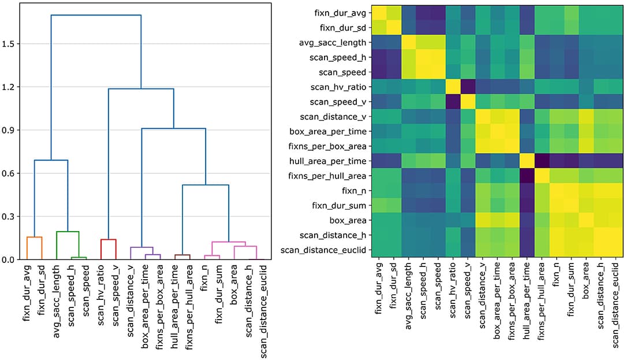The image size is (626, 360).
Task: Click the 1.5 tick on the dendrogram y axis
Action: point(10,44)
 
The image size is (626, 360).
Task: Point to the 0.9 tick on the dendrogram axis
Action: point(10,130)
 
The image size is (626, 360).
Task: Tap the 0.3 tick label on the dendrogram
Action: point(10,217)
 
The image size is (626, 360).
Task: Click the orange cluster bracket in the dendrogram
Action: point(35,237)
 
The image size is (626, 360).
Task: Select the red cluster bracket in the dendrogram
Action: point(109,239)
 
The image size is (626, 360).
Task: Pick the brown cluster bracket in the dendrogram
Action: point(182,255)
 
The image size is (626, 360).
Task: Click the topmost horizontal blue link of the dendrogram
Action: point(96,15)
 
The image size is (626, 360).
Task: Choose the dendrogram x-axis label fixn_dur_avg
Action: point(28,292)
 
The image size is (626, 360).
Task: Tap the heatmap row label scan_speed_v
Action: point(341,102)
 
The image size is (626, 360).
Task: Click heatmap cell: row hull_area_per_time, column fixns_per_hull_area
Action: point(542,161)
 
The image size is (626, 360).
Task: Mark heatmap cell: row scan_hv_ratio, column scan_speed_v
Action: point(468,87)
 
